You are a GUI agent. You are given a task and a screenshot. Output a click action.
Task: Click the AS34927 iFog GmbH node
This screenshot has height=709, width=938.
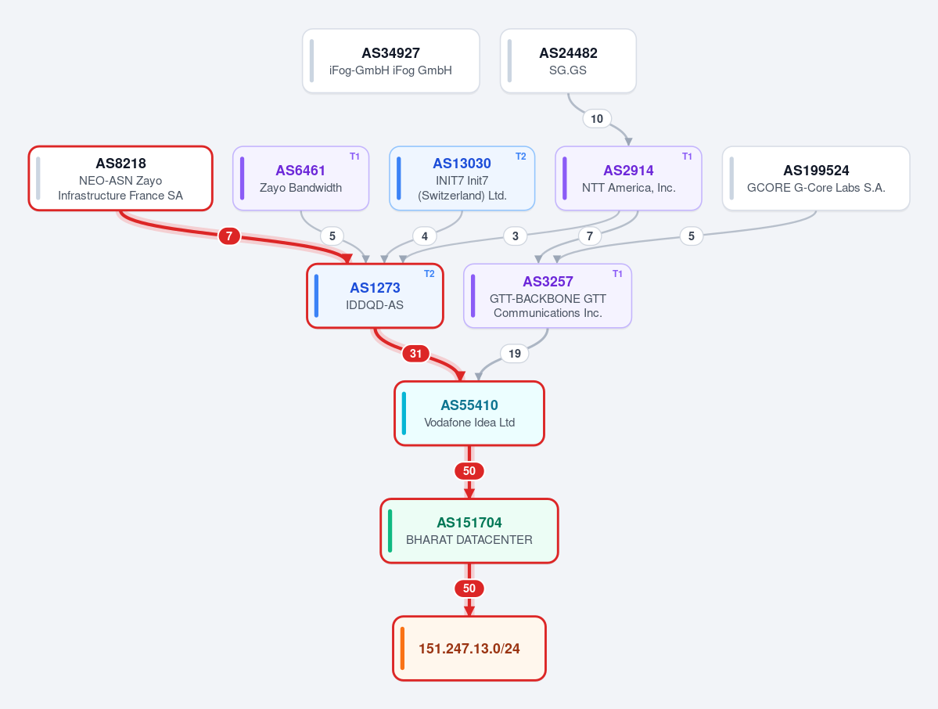pos(390,61)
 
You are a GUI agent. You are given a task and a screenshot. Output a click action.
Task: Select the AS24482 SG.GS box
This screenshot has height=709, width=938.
pos(568,61)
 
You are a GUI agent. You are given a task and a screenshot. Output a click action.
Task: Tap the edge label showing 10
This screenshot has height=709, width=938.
pos(596,118)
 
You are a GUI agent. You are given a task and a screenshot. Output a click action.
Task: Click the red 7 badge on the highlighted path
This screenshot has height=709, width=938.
pos(228,236)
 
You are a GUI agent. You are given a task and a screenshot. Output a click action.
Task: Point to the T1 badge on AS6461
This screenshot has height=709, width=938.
pos(354,157)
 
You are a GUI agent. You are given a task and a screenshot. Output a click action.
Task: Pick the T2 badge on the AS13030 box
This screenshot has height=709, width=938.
pos(520,157)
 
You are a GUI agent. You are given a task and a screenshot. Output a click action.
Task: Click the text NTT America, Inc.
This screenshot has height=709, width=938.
pos(628,188)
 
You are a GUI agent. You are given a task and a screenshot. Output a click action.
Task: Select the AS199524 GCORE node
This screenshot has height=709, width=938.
pos(816,178)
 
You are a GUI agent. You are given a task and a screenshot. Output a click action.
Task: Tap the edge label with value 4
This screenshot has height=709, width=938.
pos(424,236)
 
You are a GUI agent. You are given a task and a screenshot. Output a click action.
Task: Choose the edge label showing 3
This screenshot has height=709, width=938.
pos(515,236)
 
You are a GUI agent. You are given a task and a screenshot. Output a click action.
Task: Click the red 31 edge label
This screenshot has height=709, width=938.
pos(415,353)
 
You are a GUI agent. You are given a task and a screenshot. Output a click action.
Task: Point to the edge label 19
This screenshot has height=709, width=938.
pos(515,353)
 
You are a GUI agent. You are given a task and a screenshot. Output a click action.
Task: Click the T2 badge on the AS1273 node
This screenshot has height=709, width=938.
pos(429,273)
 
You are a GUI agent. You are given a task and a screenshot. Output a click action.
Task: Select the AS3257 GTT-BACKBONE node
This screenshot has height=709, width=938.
pos(548,296)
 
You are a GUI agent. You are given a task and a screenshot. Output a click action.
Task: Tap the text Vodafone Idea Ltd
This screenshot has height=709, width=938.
pos(469,423)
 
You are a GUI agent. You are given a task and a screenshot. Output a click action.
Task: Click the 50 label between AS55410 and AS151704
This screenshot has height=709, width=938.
pos(469,471)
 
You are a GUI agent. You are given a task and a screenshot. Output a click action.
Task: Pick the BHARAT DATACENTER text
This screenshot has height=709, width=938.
pos(469,540)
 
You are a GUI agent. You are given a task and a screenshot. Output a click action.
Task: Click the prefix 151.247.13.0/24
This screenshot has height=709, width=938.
pos(469,649)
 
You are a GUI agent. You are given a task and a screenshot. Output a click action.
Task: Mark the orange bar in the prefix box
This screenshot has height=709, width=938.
pos(402,648)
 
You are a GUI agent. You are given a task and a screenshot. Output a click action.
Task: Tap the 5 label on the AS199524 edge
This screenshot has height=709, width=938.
pos(691,236)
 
